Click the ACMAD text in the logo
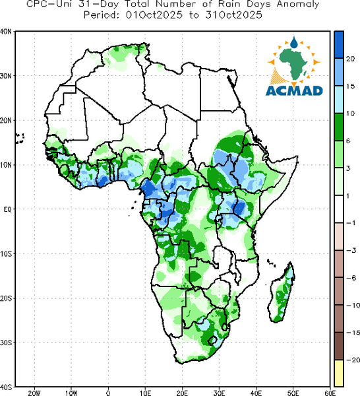tap(294, 90)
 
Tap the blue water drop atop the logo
tap(294, 43)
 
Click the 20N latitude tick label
tap(5, 121)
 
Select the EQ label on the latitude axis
tap(7, 209)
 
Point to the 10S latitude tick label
tap(5, 254)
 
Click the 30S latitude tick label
tap(5, 343)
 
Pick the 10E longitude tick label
tap(145, 393)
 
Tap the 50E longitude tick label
tap(293, 393)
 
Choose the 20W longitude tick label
tap(34, 393)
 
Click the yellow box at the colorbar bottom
tap(339, 373)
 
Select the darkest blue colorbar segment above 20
tap(339, 45)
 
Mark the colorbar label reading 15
tap(350, 86)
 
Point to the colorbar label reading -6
tap(351, 278)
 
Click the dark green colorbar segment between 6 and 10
tap(339, 127)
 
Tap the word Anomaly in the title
tap(298, 5)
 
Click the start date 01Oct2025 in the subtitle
tap(154, 15)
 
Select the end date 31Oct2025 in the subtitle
tap(234, 15)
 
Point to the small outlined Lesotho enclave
tap(212, 341)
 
